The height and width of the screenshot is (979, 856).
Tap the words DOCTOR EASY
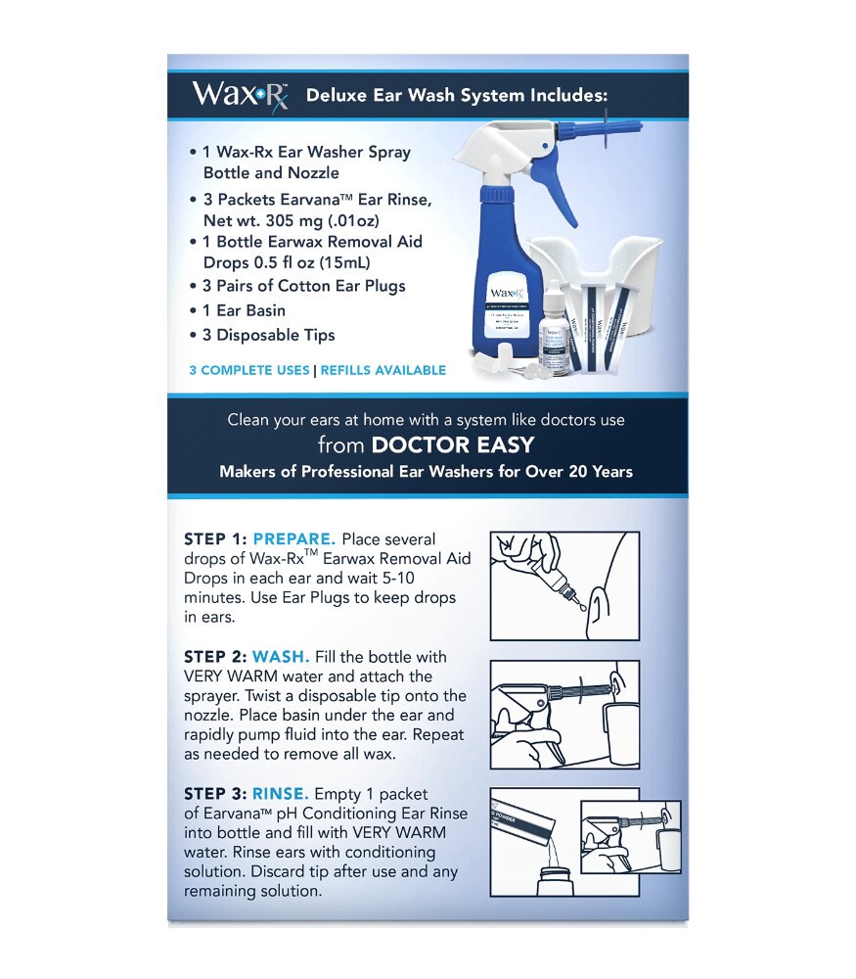(452, 445)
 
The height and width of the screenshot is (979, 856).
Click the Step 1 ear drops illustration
(563, 586)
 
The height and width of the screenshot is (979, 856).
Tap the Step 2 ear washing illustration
(563, 714)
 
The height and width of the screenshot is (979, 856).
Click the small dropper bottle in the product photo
(554, 333)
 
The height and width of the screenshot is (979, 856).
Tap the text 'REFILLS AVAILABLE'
(383, 370)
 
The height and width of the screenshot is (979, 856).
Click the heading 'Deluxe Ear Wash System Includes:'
(457, 96)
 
